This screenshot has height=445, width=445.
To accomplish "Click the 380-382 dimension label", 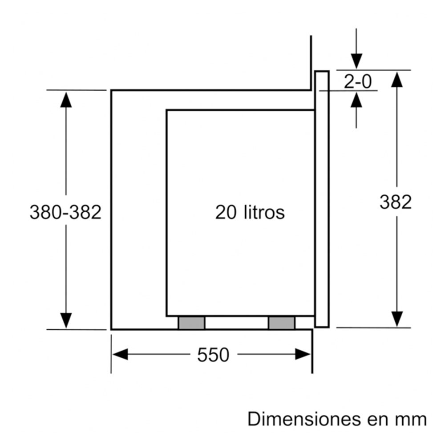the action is (65, 212).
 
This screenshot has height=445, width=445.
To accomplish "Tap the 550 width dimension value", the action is (213, 355).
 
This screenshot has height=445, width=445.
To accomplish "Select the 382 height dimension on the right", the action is (396, 202).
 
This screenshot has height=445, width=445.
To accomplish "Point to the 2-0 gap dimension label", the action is (358, 82).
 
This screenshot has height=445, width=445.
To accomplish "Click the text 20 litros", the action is (250, 212).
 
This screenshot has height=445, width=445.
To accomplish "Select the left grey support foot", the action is (191, 323).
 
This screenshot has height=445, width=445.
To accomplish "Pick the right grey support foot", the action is (282, 323).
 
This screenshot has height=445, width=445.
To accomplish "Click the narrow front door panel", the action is (322, 199).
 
